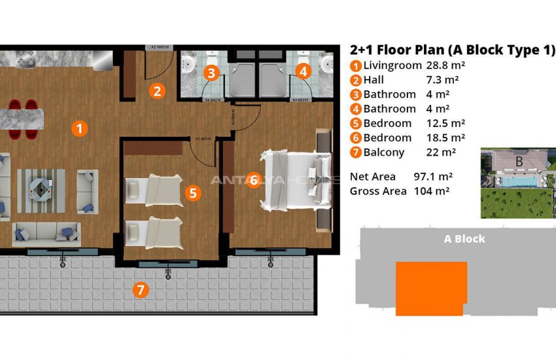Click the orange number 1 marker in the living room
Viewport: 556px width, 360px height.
[x=78, y=129]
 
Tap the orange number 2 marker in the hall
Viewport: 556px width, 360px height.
[x=156, y=91]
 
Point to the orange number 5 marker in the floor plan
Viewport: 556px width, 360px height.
[x=192, y=192]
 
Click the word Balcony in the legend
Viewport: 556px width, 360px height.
[x=384, y=153]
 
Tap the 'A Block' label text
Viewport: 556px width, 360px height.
[x=464, y=239]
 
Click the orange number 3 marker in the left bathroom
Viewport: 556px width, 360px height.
[x=211, y=73]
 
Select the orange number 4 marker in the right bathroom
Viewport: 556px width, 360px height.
[x=303, y=73]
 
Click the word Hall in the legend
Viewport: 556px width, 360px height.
[x=374, y=80]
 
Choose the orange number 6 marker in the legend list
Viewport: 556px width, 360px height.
[x=355, y=138]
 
